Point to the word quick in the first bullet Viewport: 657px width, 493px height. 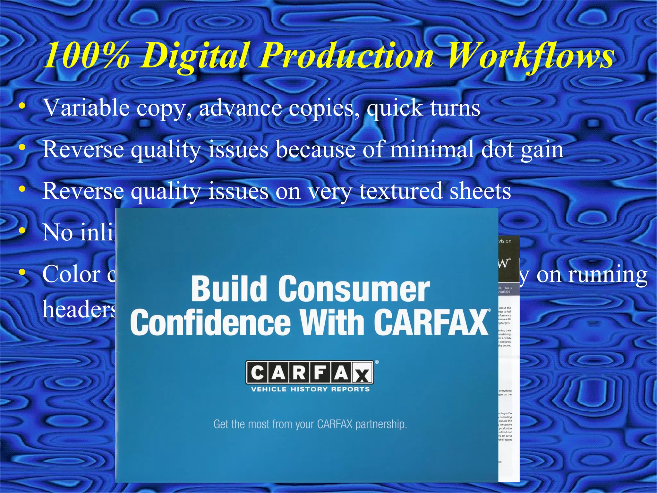pyautogui.click(x=395, y=108)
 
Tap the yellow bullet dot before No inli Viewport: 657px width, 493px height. pyautogui.click(x=22, y=230)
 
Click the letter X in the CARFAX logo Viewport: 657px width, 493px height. pyautogui.click(x=362, y=374)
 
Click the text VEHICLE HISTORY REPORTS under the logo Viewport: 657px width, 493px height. pyautogui.click(x=310, y=389)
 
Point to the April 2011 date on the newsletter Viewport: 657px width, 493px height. pyautogui.click(x=505, y=292)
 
